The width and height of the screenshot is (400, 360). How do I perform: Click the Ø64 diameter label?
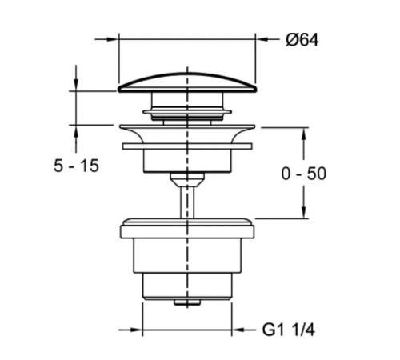[x=302, y=40]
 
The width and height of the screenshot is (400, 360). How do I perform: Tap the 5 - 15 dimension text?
[x=76, y=166]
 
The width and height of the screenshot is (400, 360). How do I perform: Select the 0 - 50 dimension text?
[x=304, y=174]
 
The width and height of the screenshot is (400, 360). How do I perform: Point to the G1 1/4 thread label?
[x=289, y=330]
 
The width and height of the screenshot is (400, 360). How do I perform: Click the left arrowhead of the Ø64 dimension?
[x=113, y=39]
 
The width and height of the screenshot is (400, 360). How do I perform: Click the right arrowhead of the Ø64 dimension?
[x=262, y=39]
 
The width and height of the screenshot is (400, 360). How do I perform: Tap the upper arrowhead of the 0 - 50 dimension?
[x=303, y=134]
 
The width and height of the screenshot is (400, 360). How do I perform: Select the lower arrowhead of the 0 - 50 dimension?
[x=303, y=212]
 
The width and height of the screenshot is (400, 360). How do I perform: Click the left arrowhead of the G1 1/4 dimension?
[x=137, y=330]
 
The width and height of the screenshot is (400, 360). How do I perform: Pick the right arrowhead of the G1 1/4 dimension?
[x=238, y=330]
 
